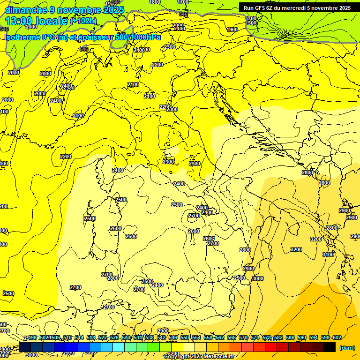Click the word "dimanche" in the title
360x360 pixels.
[26, 10]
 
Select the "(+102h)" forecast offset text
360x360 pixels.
[83, 21]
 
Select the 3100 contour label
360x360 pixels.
[328, 255]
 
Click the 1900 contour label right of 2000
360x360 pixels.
[232, 30]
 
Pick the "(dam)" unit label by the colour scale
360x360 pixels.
[346, 348]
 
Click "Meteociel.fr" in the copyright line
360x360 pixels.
[222, 357]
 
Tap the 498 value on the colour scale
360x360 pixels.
[32, 338]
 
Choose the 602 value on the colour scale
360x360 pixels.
[337, 338]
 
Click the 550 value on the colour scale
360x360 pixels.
[185, 338]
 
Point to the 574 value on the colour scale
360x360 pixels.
[255, 338]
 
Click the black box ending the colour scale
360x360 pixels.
[330, 347]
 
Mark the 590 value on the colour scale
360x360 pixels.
[302, 338]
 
